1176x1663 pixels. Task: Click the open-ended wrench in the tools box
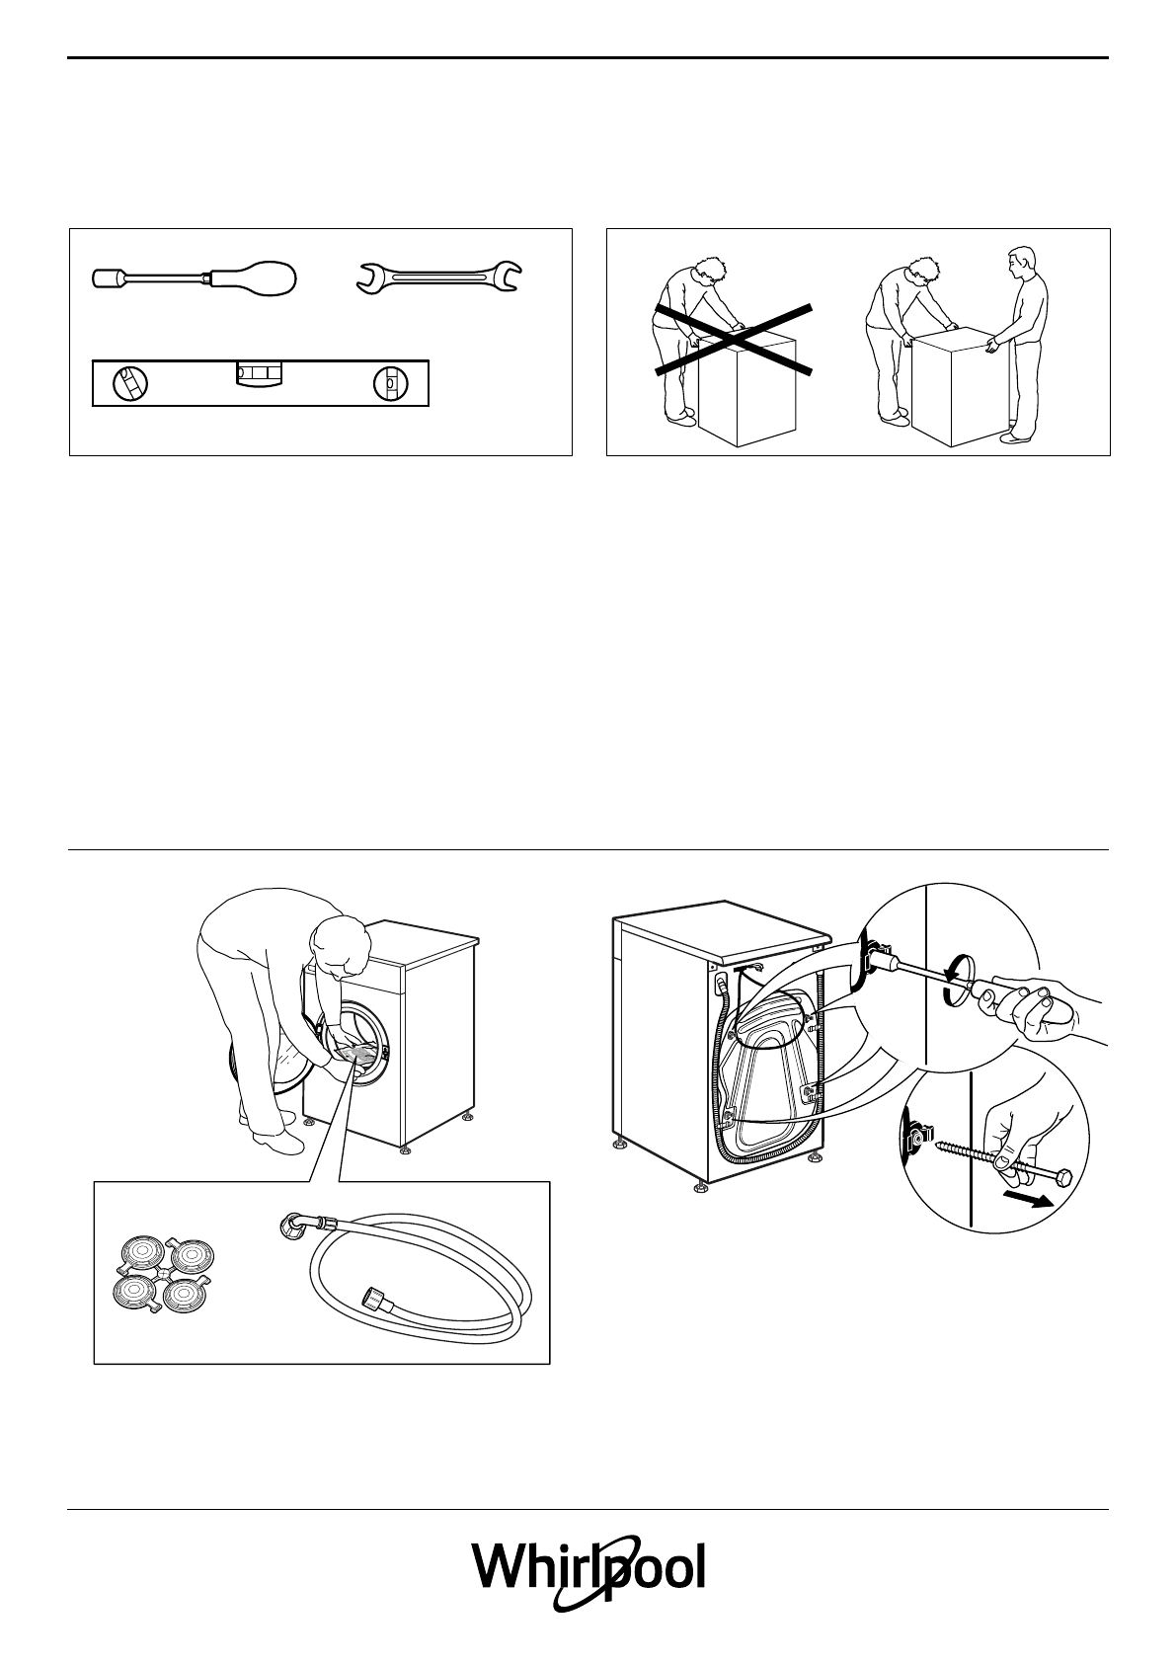[x=440, y=278]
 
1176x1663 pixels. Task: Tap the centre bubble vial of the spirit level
[x=258, y=373]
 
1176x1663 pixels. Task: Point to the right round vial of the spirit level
[x=391, y=383]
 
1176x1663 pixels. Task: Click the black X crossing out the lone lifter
[x=733, y=339]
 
